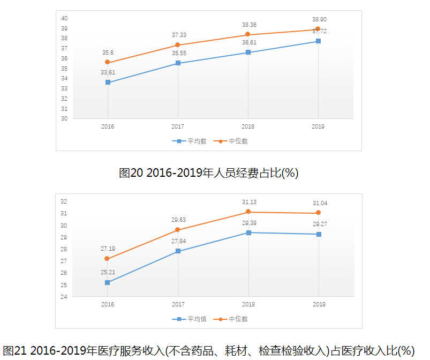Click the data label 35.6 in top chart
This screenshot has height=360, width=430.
coord(108,52)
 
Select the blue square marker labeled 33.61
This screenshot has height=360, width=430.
coord(108,82)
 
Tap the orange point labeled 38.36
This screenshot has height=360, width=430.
coord(248,34)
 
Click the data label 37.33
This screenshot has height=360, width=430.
coord(179,35)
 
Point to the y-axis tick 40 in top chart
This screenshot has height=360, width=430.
coord(64,18)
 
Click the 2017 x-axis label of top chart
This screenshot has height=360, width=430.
coord(178,127)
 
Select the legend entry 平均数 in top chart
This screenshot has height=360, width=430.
coord(190,141)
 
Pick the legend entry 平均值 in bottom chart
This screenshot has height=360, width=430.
coord(190,319)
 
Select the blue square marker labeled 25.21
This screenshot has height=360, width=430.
coord(108,282)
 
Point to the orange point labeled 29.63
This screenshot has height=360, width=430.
coord(178,230)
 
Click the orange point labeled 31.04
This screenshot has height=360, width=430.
coord(318,213)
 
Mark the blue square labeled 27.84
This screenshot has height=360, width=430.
coord(178,251)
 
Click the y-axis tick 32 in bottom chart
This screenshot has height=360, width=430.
coord(64,201)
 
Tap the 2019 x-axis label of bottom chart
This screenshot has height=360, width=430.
coord(318,304)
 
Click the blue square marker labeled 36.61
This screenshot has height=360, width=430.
coord(248,52)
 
